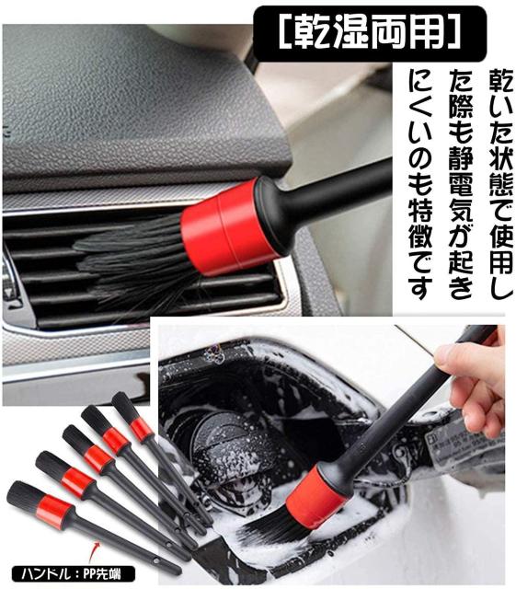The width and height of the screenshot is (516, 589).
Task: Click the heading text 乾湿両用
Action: [x=370, y=34]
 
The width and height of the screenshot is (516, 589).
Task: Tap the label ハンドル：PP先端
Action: [x=72, y=574]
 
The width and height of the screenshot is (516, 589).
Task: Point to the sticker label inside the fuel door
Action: [x=464, y=445]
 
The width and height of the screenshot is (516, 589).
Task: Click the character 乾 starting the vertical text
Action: [x=501, y=80]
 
